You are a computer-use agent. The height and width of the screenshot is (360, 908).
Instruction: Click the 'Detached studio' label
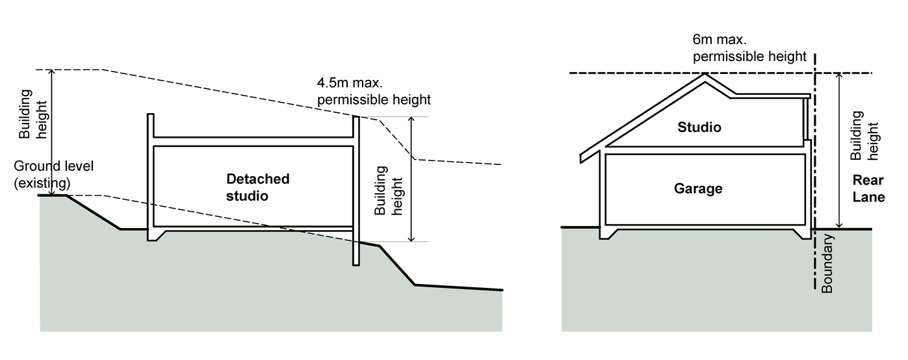pyautogui.click(x=257, y=186)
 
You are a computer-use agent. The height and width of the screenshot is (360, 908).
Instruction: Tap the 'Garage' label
pyautogui.click(x=698, y=188)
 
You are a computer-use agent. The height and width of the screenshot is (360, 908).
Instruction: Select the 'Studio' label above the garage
pyautogui.click(x=699, y=127)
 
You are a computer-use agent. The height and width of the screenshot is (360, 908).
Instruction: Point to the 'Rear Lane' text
pyautogui.click(x=868, y=188)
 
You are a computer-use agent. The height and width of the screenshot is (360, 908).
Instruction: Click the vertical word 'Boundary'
pyautogui.click(x=827, y=263)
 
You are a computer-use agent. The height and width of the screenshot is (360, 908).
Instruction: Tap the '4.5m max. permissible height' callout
pyautogui.click(x=374, y=92)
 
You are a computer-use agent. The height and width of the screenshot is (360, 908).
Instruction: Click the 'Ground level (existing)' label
pyautogui.click(x=54, y=173)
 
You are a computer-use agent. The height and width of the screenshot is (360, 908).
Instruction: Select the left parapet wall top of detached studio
pyautogui.click(x=150, y=116)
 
